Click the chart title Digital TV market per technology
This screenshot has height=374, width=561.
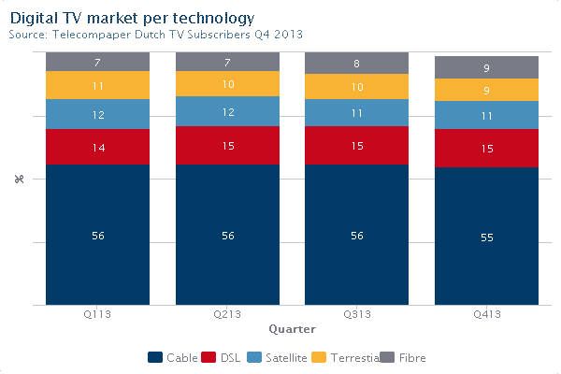pos(131,18)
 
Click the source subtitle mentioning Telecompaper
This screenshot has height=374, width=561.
pos(155,35)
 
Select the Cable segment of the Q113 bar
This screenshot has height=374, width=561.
pos(97,235)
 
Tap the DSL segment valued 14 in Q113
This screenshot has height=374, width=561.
pos(97,147)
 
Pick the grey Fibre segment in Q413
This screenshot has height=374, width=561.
pos(486,67)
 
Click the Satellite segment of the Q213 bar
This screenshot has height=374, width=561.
pos(227,111)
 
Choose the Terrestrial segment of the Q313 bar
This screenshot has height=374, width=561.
pos(357,87)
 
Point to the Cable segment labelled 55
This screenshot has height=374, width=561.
pos(486,237)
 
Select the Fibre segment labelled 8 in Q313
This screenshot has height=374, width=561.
pos(357,64)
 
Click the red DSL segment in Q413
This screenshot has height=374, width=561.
pos(486,148)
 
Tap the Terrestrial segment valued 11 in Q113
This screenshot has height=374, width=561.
pos(97,85)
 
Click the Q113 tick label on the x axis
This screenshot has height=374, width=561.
pos(97,315)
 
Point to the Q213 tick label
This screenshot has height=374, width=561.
pos(227,315)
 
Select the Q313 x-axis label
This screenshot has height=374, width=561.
pos(357,315)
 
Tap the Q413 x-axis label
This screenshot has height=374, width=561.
pos(486,315)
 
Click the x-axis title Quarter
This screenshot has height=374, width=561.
pos(292,329)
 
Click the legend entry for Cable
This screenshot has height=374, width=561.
pos(173,357)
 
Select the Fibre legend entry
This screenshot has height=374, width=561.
pos(405,357)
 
